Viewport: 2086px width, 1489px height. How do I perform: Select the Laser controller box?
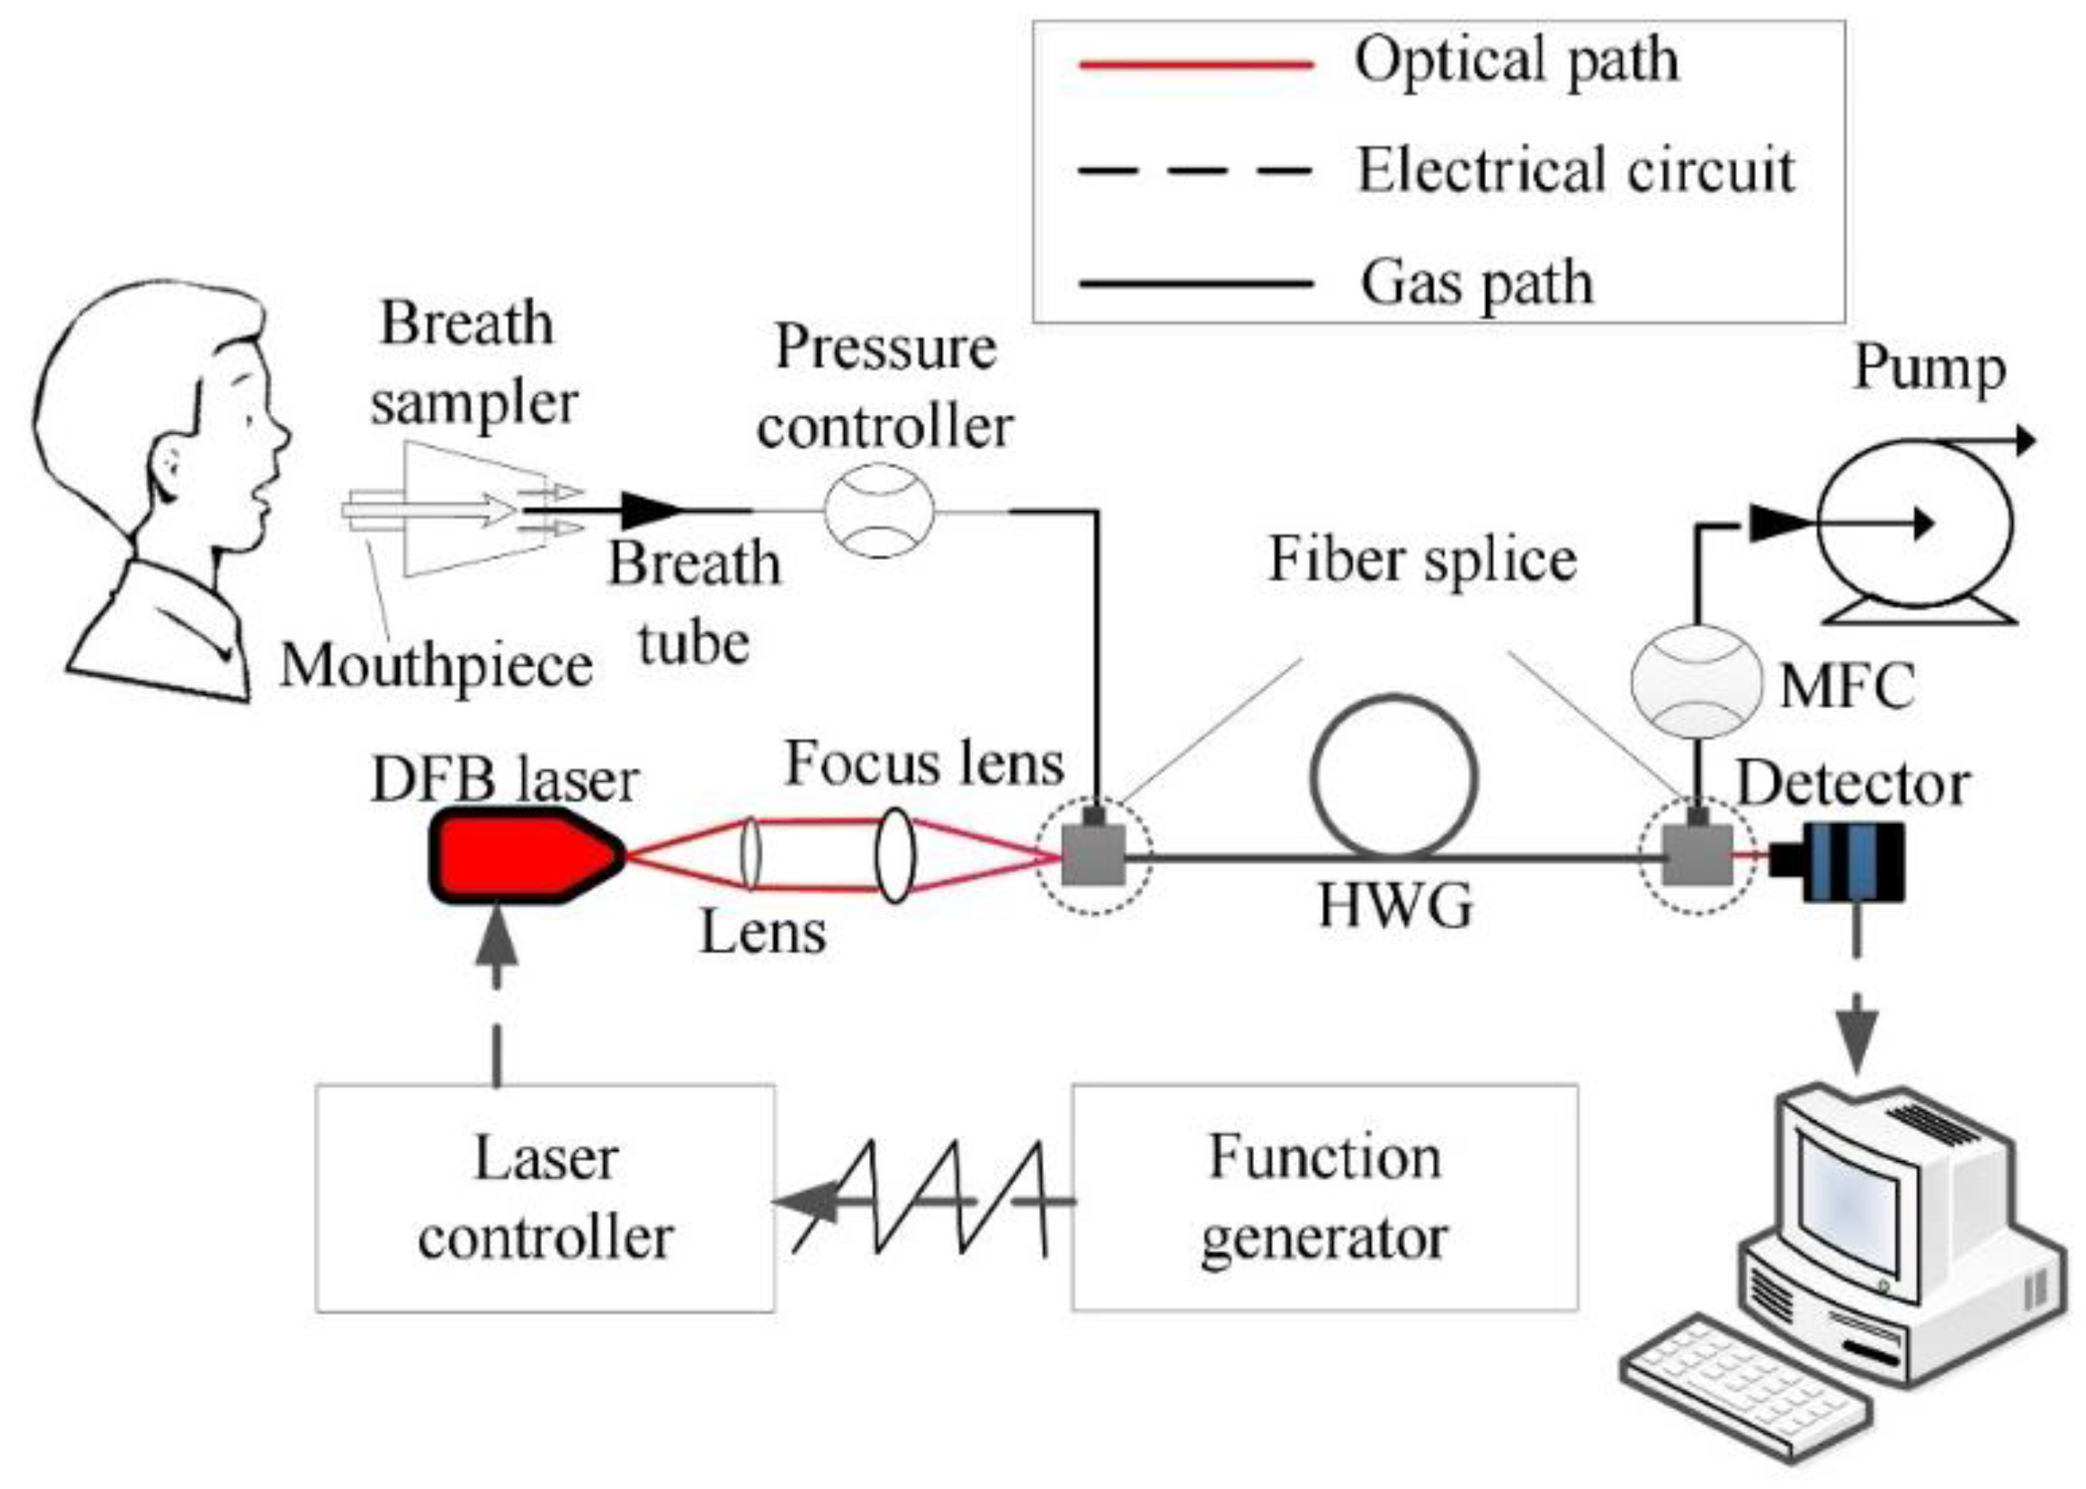coord(545,1198)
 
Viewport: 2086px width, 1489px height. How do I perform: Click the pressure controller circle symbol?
coord(878,510)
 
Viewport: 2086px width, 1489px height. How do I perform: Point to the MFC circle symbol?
coord(1695,681)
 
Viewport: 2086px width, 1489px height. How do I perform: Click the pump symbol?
coord(1913,525)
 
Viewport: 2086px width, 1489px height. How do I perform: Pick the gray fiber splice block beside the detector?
coord(1697,855)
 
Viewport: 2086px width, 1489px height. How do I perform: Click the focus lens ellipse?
coord(895,855)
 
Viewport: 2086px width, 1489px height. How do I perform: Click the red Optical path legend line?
coord(1197,64)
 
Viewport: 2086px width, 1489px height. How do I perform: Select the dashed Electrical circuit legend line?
coord(1197,172)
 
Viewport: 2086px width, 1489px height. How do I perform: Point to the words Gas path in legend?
coord(1476,282)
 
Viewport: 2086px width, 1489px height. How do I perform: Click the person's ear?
coord(170,463)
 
